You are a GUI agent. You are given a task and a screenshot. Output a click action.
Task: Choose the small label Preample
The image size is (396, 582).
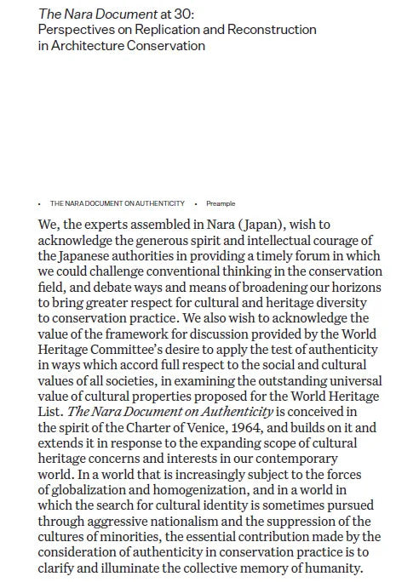(x=221, y=204)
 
